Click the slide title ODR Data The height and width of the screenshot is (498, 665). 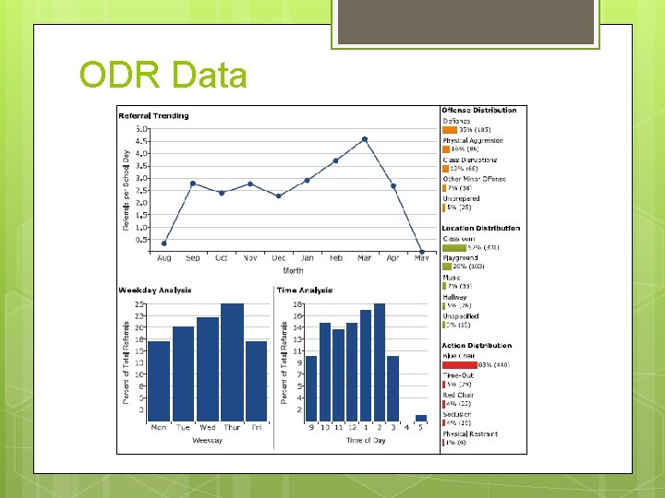coord(163,75)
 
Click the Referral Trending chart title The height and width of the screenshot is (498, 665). coord(153,116)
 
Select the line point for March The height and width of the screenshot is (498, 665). coord(365,139)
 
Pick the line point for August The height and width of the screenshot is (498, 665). coord(164,243)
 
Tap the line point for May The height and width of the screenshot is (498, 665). coord(422,252)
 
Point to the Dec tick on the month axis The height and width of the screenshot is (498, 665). coord(279,259)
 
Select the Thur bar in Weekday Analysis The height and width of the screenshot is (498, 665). coord(232,362)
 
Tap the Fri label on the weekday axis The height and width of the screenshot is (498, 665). coord(256,428)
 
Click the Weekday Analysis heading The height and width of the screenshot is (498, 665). coord(155,290)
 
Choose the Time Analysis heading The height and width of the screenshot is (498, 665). coord(305,290)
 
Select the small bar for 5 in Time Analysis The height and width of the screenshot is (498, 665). coord(421,418)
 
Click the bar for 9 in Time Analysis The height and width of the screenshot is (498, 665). coord(311,388)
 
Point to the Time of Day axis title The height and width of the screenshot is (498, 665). coord(366,441)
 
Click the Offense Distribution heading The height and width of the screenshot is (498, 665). coord(479,111)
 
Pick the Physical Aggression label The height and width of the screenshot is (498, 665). coord(473,140)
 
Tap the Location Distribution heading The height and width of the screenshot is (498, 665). coord(480,228)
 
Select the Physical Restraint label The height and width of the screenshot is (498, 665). coord(470,433)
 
